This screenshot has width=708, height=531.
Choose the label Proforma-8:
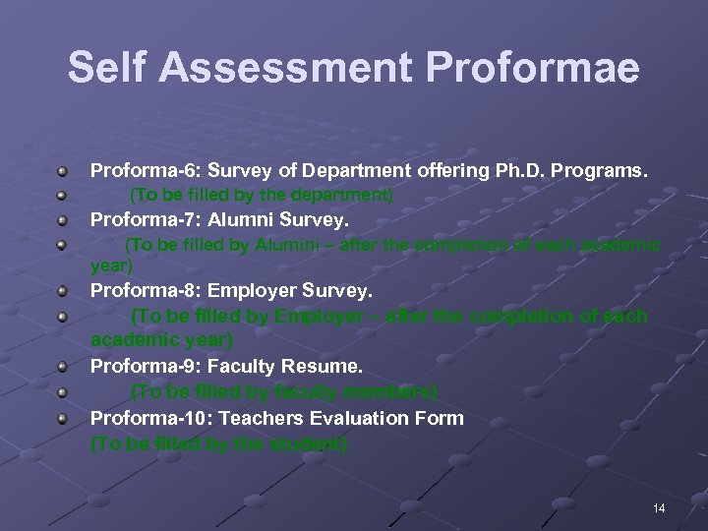point(139,290)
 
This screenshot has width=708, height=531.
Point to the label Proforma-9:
point(139,366)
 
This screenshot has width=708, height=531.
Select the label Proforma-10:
point(144,418)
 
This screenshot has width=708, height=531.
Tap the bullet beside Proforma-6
point(62,170)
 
